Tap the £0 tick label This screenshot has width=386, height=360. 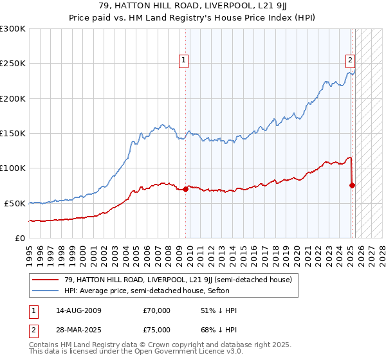pyautogui.click(x=20, y=238)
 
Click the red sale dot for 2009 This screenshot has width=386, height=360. pyautogui.click(x=186, y=189)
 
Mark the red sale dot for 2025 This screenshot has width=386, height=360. pyautogui.click(x=353, y=185)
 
